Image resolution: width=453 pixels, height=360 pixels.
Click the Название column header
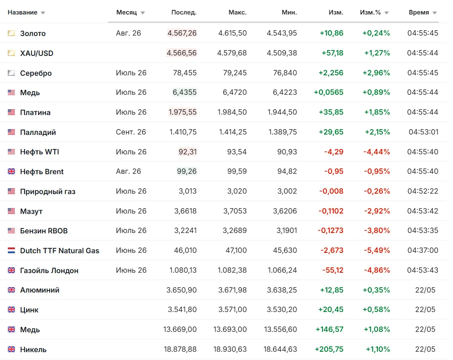click(x=22, y=12)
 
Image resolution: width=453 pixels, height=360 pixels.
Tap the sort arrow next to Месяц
click(x=143, y=13)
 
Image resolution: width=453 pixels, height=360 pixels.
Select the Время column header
click(x=419, y=12)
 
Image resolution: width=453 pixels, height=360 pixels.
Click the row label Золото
click(x=33, y=34)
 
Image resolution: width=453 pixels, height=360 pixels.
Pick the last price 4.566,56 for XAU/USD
click(x=182, y=53)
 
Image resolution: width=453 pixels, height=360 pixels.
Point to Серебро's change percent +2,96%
click(x=376, y=73)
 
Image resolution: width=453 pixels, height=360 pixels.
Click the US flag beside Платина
click(x=11, y=112)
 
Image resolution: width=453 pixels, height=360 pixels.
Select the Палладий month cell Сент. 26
click(x=131, y=132)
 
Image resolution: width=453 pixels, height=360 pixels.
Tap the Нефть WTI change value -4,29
click(x=334, y=152)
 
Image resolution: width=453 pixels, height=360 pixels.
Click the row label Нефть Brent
click(x=42, y=172)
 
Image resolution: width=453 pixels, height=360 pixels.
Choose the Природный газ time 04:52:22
click(x=423, y=191)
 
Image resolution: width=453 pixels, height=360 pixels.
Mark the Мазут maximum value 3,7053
click(x=235, y=211)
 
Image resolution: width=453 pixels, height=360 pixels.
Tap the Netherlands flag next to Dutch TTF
click(x=11, y=250)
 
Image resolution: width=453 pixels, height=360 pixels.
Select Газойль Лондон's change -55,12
click(x=333, y=270)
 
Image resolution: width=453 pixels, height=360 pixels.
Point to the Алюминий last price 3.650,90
click(x=181, y=290)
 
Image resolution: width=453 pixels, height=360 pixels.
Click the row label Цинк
click(x=29, y=310)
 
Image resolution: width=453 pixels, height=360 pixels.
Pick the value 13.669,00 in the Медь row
click(x=180, y=329)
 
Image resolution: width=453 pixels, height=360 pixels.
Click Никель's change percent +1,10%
click(x=378, y=349)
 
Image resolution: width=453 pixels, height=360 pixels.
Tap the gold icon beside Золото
click(x=11, y=33)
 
